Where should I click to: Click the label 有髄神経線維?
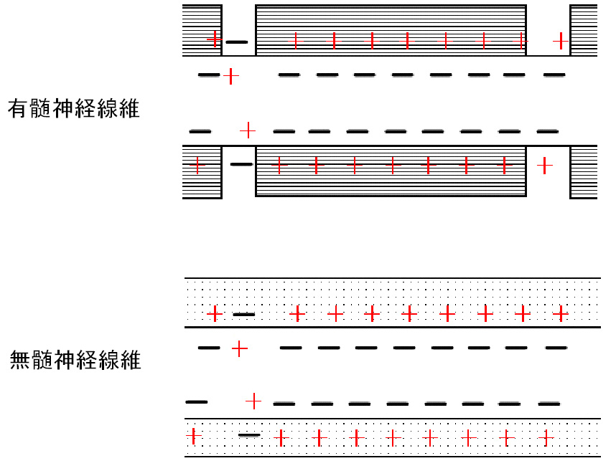tap(74, 109)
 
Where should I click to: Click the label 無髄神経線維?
tap(75, 360)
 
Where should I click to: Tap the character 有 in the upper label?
tap(18, 109)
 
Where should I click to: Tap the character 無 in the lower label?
tap(19, 360)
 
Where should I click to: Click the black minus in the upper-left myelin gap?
tap(237, 42)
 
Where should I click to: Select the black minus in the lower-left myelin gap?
tap(242, 164)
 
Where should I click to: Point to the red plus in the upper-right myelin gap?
tap(561, 41)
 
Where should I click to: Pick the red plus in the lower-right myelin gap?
tap(544, 166)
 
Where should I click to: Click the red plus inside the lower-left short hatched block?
tap(197, 165)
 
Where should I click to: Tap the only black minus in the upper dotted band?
tap(244, 315)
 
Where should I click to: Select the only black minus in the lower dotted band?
tap(249, 435)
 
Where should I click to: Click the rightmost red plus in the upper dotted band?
tap(561, 314)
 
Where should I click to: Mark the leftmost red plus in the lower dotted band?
tap(193, 436)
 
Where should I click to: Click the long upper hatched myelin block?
tap(391, 30)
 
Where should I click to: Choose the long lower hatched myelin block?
tap(391, 171)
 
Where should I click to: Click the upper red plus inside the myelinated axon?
tap(231, 76)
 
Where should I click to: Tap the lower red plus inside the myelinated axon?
tap(248, 130)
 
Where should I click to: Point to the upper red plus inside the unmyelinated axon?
tap(240, 348)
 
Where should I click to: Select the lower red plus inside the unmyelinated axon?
tap(253, 401)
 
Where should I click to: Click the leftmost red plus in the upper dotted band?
tap(215, 314)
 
